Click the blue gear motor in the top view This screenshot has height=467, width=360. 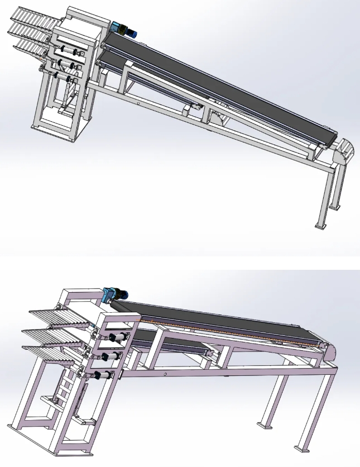click(124, 29)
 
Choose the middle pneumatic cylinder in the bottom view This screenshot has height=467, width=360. click(109, 356)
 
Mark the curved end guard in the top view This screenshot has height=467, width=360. click(344, 152)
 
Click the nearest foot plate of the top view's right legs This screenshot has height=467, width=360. click(320, 226)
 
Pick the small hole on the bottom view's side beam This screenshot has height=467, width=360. click(165, 374)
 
